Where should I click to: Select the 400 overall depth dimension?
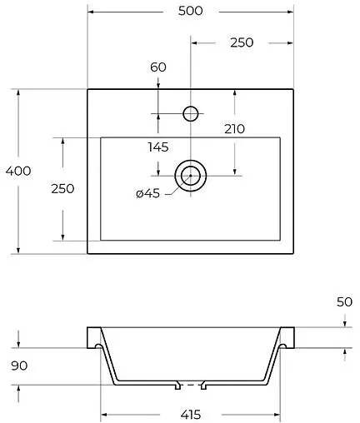click(x=17, y=171)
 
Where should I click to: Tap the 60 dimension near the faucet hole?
click(x=158, y=67)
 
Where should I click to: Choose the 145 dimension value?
click(x=158, y=147)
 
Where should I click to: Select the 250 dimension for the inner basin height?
click(x=62, y=188)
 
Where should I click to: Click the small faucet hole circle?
click(x=191, y=113)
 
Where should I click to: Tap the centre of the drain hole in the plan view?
click(x=191, y=175)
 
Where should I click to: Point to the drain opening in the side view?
click(x=192, y=386)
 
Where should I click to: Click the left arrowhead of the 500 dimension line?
click(x=91, y=12)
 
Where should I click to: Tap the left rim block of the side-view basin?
click(x=92, y=336)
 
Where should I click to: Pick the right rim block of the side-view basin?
click(x=288, y=336)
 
